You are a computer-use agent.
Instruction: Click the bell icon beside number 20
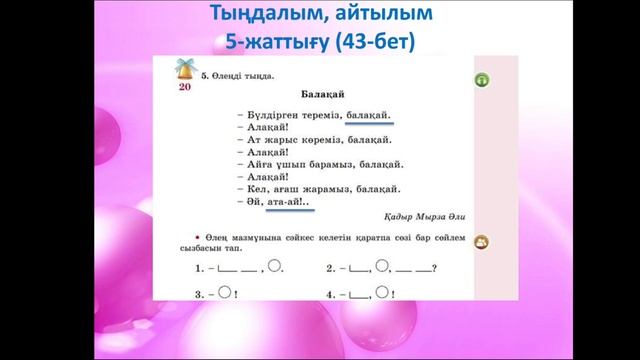click(184, 69)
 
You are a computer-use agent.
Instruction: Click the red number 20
click(184, 87)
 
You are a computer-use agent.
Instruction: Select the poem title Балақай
click(317, 96)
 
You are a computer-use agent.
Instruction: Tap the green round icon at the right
click(480, 79)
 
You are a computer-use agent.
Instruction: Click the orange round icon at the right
click(481, 242)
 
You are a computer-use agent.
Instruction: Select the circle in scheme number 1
click(277, 267)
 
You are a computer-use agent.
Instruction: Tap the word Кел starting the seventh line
click(255, 187)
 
